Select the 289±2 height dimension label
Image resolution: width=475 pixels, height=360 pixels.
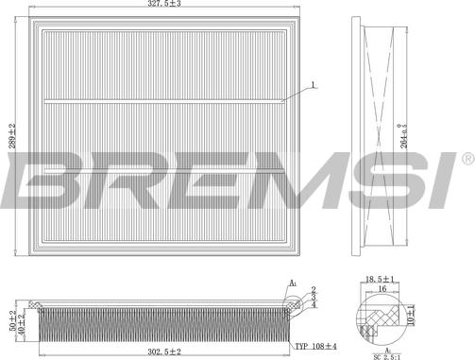tap(12, 140)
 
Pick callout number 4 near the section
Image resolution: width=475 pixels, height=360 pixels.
tap(314, 304)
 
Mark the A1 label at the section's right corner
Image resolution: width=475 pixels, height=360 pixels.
tap(294, 282)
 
